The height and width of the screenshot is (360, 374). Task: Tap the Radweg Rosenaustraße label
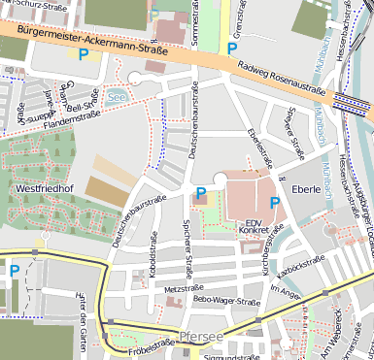pyautogui.click(x=280, y=80)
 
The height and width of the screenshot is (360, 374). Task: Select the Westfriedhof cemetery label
pyautogui.click(x=47, y=186)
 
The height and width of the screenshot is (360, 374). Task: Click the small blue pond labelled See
pyautogui.click(x=117, y=97)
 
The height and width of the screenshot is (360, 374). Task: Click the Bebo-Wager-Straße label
pyautogui.click(x=227, y=301)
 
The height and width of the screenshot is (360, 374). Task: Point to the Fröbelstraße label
pyautogui.click(x=145, y=342)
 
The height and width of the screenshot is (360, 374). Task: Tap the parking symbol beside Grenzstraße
pyautogui.click(x=231, y=48)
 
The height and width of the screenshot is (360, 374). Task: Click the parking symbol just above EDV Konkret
pyautogui.click(x=275, y=203)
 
